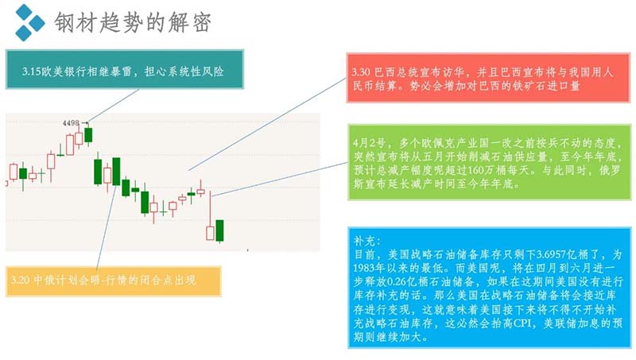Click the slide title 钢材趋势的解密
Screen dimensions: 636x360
click(133, 22)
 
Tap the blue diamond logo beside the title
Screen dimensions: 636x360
click(29, 22)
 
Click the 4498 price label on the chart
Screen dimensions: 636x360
click(71, 123)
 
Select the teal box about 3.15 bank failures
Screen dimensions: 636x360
click(125, 69)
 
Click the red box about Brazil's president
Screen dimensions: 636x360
click(488, 77)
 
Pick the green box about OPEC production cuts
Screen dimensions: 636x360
click(490, 162)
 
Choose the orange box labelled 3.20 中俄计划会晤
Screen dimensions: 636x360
click(114, 281)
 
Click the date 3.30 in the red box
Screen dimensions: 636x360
click(361, 72)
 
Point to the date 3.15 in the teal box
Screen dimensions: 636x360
click(32, 72)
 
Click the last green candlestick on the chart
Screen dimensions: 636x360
click(220, 231)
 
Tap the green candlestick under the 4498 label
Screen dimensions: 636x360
click(88, 135)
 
